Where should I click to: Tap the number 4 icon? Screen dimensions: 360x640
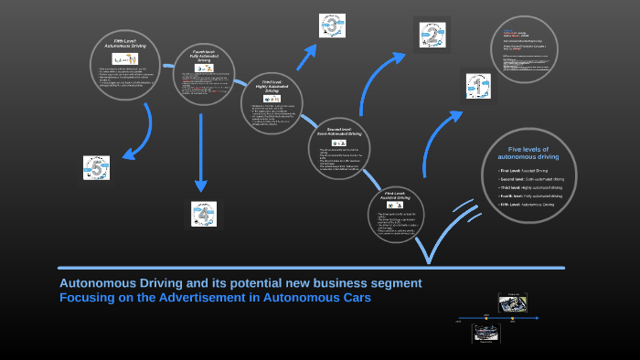pos(204,214)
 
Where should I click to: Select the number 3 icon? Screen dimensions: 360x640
pos(332,26)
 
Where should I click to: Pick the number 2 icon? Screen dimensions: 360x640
pos(432,37)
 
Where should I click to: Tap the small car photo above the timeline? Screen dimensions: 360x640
pos(512,302)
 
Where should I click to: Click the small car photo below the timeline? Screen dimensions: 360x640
pos(485,335)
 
